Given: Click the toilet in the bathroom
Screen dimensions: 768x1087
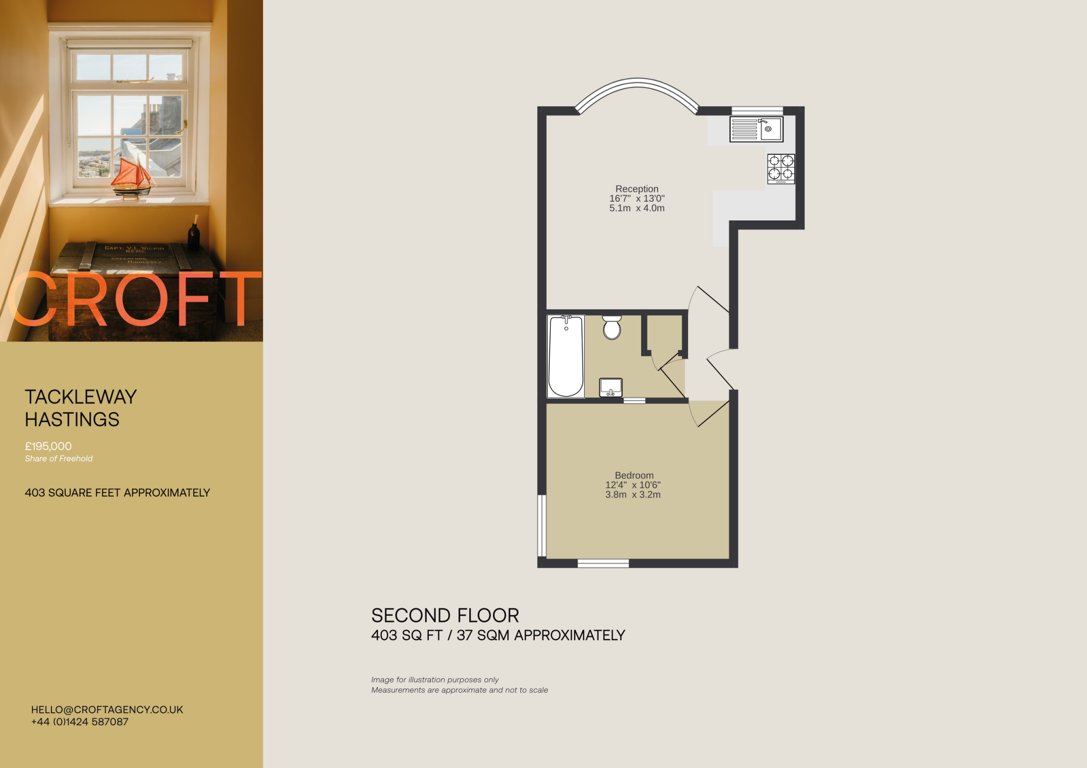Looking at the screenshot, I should (x=612, y=328).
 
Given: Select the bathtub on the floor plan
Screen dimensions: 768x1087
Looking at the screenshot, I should (x=566, y=356).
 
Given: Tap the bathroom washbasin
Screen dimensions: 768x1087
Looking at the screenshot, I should (x=610, y=387).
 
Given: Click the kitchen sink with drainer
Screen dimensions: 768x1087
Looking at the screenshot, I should (x=756, y=129).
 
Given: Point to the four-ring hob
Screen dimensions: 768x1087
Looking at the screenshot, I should (x=781, y=168).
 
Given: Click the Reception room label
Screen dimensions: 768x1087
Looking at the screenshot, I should (x=637, y=189).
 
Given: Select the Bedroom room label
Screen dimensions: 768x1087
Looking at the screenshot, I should (x=634, y=475).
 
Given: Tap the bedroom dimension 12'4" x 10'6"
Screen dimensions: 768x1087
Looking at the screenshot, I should (x=633, y=485).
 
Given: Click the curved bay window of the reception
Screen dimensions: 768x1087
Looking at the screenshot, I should (x=637, y=85).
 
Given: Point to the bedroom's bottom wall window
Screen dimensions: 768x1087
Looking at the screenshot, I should (x=603, y=563).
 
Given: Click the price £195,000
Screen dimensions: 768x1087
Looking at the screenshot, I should (x=48, y=447).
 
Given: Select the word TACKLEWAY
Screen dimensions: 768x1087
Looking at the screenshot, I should (x=81, y=397).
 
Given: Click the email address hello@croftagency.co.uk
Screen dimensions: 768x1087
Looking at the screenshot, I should (x=107, y=710).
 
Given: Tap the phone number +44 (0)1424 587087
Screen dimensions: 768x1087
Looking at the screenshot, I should (x=80, y=722).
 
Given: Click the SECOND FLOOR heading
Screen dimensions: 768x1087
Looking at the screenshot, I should (x=445, y=616).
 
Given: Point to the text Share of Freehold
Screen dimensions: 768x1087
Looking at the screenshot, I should (x=58, y=459).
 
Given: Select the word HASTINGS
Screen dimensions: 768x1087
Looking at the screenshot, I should (x=72, y=420).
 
